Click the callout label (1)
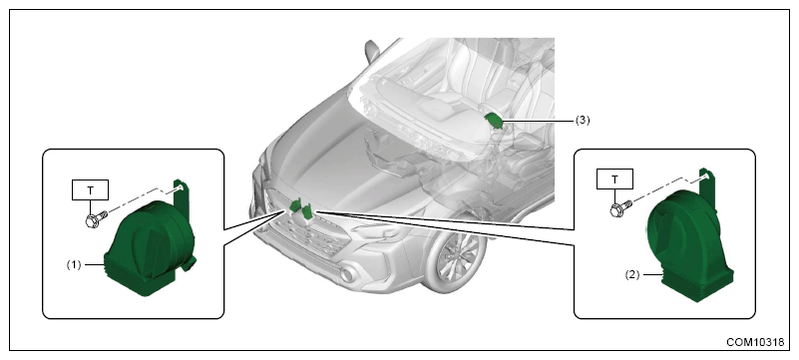pos(75,265)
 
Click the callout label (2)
pos(631,274)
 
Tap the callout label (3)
pos(583,121)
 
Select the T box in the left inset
pos(91,190)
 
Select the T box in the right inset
pos(614,180)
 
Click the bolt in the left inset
pos(97,219)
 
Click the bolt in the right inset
pos(620,207)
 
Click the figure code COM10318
pos(755,342)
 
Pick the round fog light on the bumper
pos(348,275)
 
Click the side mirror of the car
pos(372,51)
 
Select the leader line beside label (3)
pos(538,121)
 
